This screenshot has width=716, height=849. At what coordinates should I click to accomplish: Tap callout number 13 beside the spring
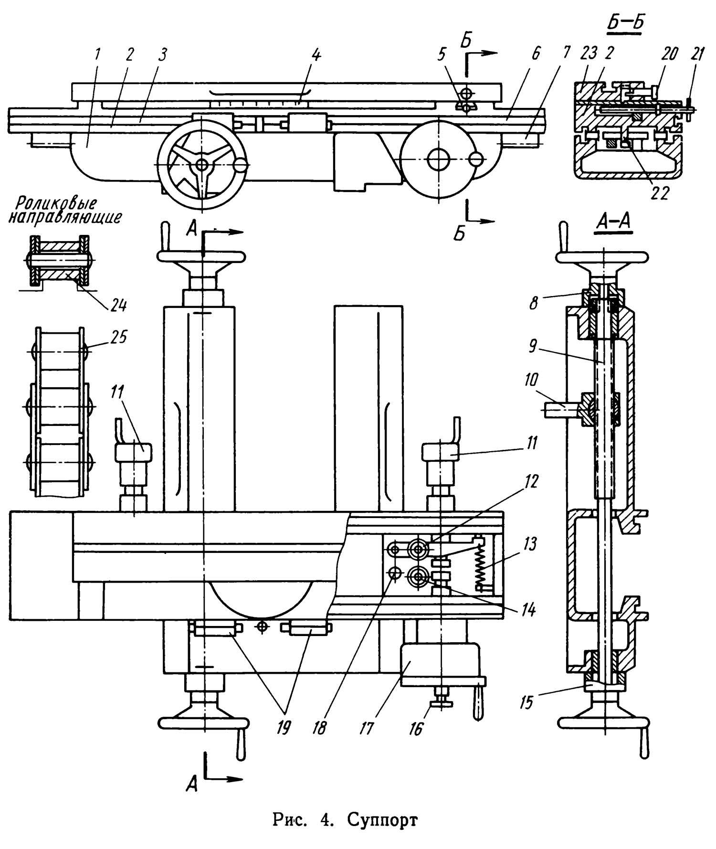[x=528, y=543]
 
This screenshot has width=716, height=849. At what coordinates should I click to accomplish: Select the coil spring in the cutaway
[x=482, y=566]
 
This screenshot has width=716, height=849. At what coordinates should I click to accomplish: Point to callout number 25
[x=119, y=337]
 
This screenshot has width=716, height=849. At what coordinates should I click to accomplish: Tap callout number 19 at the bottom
[x=284, y=728]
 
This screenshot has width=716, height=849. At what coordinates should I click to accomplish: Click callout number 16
[x=416, y=729]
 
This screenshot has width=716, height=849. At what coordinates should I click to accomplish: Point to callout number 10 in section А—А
[x=530, y=380]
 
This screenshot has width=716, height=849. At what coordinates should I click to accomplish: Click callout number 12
[x=530, y=481]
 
